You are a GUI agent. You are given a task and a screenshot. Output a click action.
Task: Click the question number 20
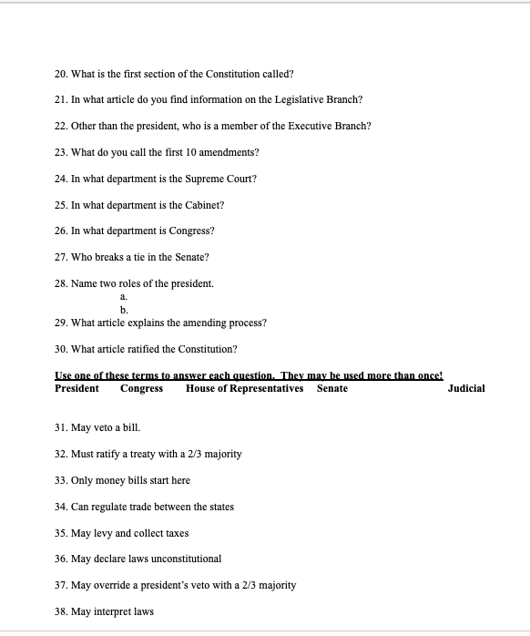tap(61, 73)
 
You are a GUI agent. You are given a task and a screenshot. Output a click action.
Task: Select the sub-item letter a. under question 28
tap(124, 297)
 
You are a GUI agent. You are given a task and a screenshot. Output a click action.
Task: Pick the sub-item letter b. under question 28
tap(124, 310)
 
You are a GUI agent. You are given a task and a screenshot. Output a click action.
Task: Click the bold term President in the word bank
tap(77, 388)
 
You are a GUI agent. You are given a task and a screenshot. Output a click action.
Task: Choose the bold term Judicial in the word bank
tap(466, 388)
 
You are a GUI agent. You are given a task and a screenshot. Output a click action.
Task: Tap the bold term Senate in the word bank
tap(332, 388)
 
